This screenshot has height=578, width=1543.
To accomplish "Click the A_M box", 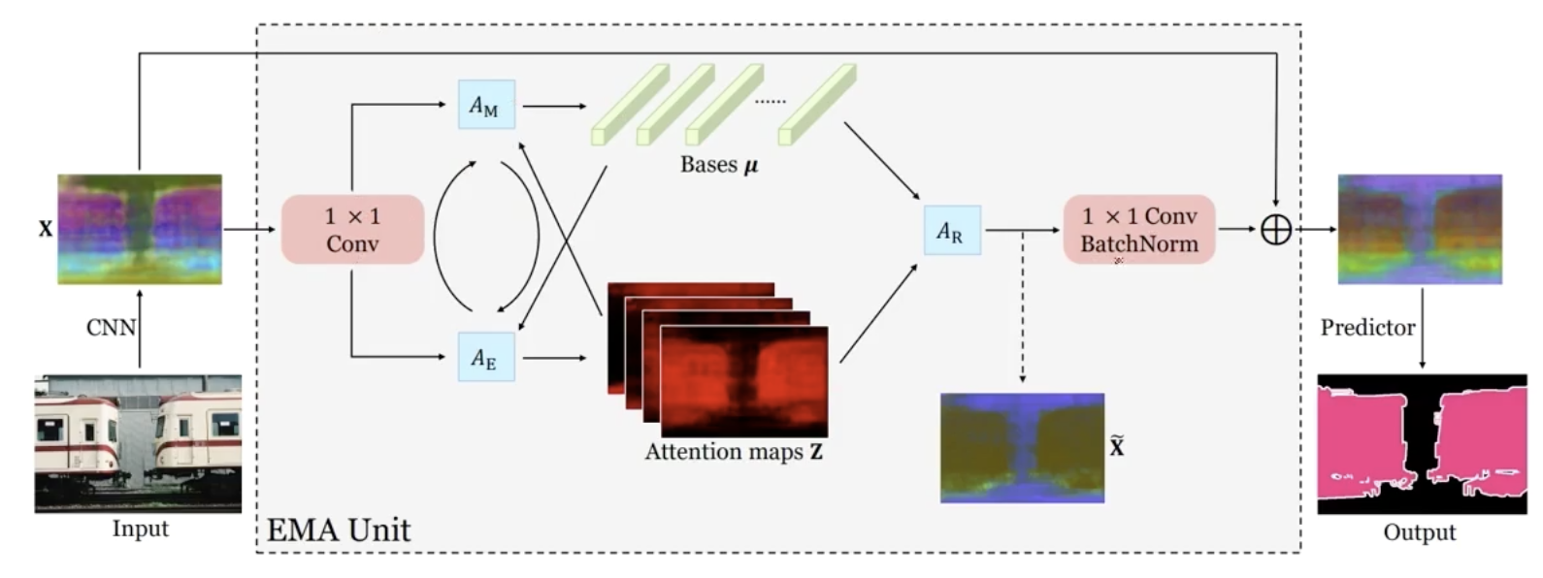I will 486,106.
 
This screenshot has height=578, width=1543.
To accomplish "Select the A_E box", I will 486,357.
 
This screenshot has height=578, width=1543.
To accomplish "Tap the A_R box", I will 951,231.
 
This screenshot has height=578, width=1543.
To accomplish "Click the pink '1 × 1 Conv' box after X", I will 352,230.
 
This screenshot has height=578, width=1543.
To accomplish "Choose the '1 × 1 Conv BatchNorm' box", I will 1139,230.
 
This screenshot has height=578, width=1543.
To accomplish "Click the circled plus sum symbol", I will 1276,230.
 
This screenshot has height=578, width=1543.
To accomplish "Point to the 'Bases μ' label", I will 719,165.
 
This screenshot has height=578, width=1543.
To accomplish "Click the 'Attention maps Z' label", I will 734,452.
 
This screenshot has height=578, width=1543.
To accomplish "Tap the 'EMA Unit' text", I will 339,530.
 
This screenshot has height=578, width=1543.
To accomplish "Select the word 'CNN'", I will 111,328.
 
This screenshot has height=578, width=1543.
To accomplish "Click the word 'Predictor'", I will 1367,328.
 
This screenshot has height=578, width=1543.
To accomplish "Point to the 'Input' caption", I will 140,529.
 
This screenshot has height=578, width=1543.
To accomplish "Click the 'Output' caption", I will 1419,532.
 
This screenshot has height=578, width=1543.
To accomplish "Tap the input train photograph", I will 138,443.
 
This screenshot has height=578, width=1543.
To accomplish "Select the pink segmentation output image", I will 1421,443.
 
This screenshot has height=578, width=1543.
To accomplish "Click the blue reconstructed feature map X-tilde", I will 1022,447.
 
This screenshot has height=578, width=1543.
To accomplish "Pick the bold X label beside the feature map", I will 45,230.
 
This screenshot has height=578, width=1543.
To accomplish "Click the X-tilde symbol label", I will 1117,446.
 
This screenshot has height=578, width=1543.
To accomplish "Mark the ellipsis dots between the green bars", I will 770,101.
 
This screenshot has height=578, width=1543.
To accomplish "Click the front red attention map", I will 744,381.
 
